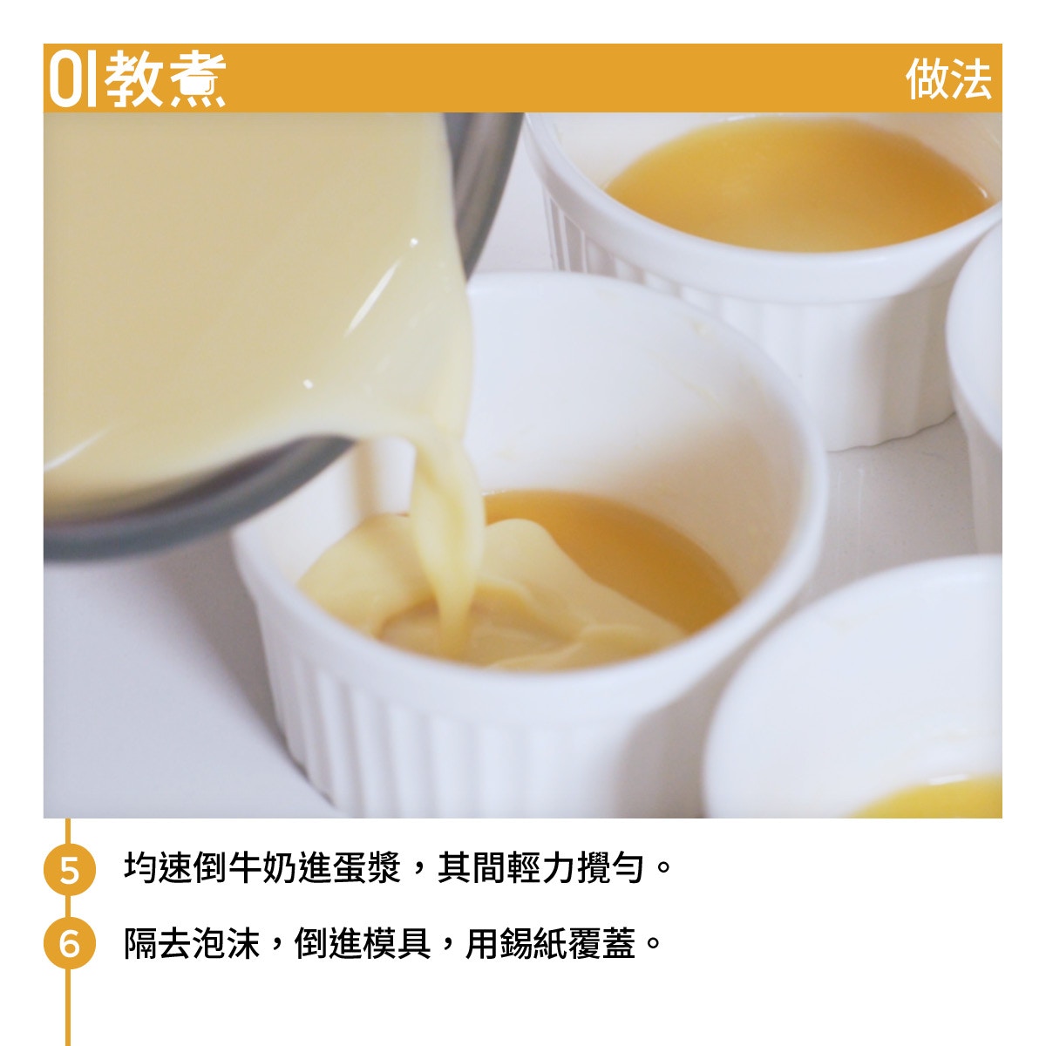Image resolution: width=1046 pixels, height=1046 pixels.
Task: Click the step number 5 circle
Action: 70,869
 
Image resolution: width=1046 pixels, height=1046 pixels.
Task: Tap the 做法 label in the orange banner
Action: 949,79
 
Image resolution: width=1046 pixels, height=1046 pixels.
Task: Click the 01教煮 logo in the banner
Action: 138,79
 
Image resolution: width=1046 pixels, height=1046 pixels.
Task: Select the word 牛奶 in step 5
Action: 262,867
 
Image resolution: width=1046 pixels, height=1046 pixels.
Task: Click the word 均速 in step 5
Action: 159,867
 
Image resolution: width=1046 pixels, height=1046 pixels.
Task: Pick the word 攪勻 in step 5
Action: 610,867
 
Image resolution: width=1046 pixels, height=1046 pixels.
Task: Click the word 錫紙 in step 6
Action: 534,944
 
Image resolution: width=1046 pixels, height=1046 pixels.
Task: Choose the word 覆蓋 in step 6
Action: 602,944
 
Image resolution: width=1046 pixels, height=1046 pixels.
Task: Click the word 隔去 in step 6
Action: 158,944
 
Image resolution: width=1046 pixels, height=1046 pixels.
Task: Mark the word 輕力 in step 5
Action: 540,867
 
